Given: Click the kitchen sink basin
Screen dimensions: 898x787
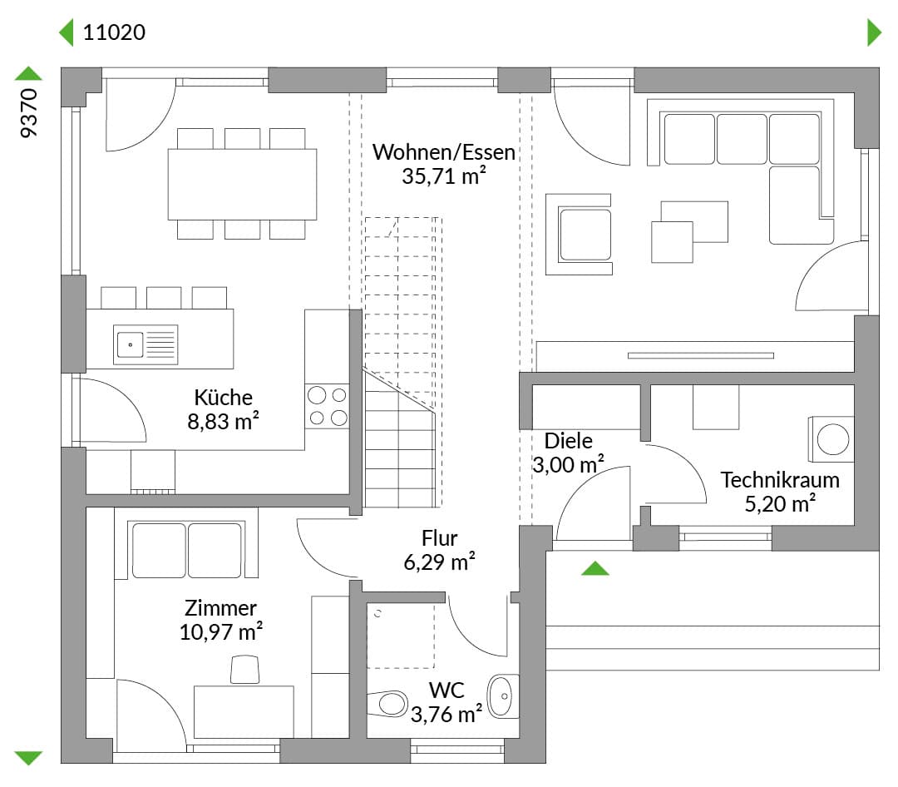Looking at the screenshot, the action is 130,344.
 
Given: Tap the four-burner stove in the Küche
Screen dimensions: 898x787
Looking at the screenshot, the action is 327,407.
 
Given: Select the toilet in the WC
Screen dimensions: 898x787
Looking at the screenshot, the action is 387,703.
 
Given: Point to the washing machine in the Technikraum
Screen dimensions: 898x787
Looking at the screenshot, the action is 831,439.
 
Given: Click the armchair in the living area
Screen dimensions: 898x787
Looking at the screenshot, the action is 579,235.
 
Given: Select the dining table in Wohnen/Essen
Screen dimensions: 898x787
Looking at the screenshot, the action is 242,184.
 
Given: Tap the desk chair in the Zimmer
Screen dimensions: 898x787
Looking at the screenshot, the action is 244,670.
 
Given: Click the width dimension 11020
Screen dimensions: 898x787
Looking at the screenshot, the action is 114,32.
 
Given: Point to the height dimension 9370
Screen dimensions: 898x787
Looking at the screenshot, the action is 28,113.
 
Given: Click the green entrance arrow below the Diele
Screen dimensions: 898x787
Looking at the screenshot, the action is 595,568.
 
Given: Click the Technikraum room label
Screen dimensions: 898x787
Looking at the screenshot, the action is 780,480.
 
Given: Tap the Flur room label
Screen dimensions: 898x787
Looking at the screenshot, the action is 439,538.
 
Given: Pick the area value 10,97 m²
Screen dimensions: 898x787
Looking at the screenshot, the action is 221,631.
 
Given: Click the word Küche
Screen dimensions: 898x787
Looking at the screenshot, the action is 224,397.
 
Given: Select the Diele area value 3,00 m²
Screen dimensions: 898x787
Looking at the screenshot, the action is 568,464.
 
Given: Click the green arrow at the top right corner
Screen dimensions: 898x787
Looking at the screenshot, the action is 875,32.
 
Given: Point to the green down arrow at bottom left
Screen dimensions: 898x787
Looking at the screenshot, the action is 28,758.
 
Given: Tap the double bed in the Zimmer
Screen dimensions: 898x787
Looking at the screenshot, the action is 187,550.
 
